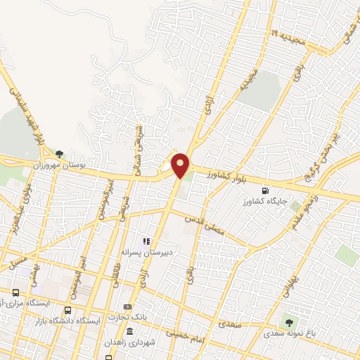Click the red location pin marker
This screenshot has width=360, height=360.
(181, 165)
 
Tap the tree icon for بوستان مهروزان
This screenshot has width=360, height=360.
(59, 153)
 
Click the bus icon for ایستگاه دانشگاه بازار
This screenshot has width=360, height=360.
(68, 310)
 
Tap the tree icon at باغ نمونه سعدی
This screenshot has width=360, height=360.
(288, 321)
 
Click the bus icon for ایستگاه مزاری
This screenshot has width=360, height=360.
(15, 292)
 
